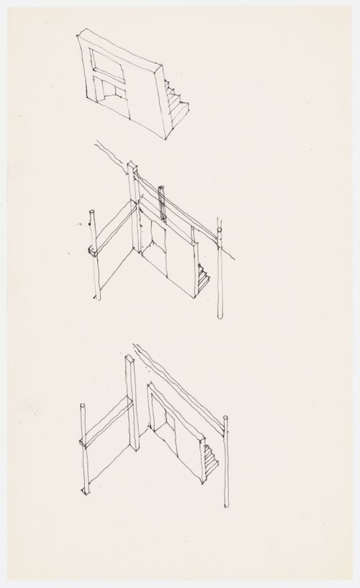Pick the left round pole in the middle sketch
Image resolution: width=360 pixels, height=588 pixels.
pos(95,255)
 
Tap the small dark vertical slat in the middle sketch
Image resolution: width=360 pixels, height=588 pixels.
pos(163,202)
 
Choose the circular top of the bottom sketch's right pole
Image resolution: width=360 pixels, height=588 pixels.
pos(227,419)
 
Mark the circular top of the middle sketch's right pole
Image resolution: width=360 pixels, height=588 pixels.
pos(220,231)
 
